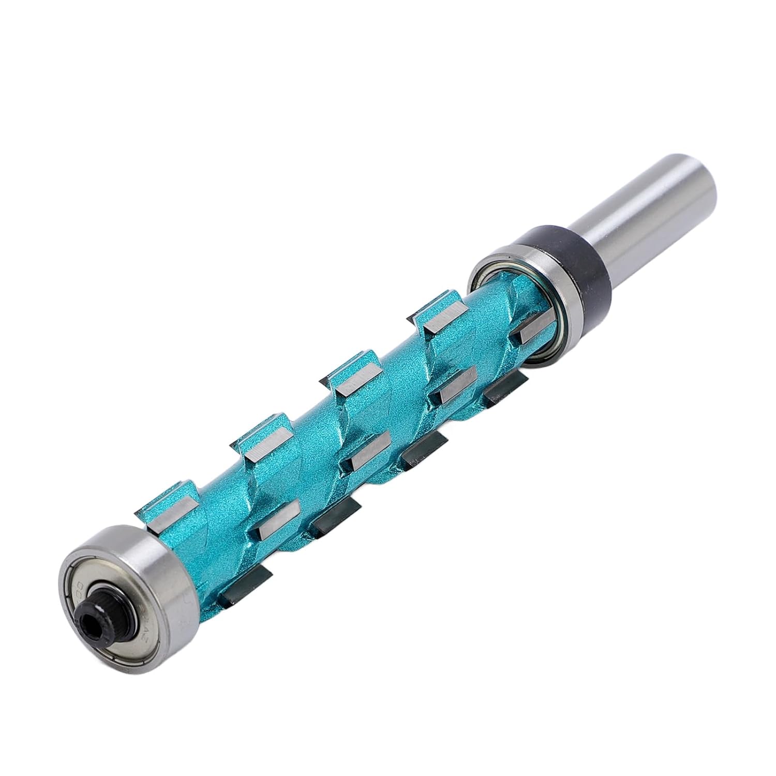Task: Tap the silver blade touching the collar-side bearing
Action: point(530,331)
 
